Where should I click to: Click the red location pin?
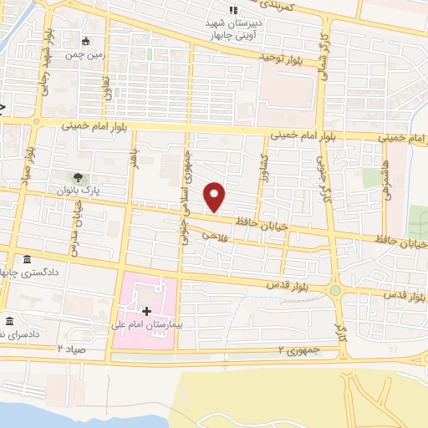(216, 196)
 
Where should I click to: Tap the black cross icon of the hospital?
(147, 310)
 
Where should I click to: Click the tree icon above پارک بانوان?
(77, 177)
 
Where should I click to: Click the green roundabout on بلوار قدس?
(336, 290)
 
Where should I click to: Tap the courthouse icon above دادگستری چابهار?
(28, 259)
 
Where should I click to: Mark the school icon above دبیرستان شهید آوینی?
(222, 10)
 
